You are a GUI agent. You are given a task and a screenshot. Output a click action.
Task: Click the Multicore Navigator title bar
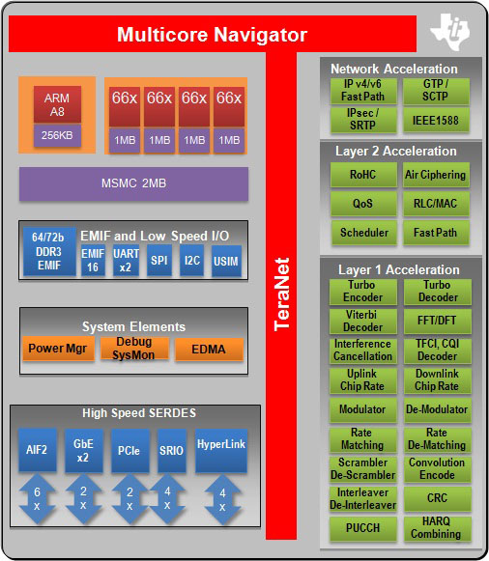[x=212, y=36]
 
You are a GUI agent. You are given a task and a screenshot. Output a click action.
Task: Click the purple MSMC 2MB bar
[x=133, y=183]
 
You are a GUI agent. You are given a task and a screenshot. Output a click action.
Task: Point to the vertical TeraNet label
[x=281, y=295]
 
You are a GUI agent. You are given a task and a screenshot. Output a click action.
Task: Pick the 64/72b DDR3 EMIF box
[x=49, y=251]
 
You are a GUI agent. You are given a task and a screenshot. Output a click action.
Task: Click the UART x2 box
[x=121, y=261]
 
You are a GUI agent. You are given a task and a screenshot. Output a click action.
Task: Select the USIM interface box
[x=225, y=261]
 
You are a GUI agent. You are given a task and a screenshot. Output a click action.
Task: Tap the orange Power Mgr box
[x=57, y=349]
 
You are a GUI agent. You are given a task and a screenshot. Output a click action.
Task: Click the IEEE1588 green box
[x=436, y=121]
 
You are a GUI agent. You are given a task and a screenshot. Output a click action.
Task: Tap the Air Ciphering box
[x=436, y=175]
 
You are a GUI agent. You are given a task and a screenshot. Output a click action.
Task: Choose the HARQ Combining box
[x=436, y=527]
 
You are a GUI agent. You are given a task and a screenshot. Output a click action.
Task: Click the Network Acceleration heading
[x=394, y=69]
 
